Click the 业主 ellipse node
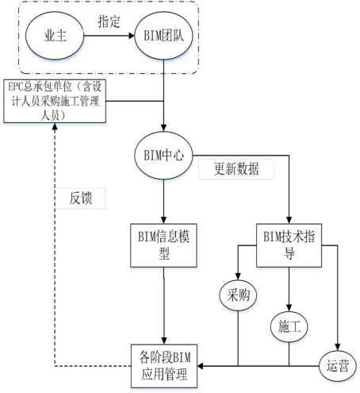(x=54, y=36)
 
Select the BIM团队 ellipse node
(x=163, y=36)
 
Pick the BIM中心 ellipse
(x=164, y=154)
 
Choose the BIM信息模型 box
(x=163, y=244)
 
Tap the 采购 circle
(x=238, y=296)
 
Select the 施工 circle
(x=289, y=325)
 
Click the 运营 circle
(x=338, y=365)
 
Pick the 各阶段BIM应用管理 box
(x=163, y=362)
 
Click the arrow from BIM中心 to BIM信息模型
(x=163, y=198)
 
